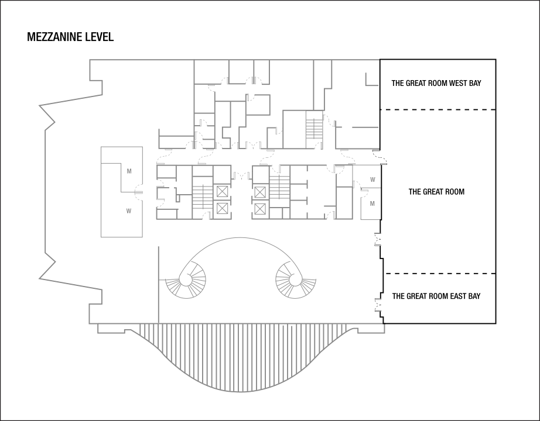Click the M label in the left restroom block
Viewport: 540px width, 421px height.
(129, 171)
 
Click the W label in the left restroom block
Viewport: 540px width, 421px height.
(129, 211)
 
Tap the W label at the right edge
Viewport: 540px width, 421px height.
(372, 180)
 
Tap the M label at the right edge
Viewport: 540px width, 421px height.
(372, 203)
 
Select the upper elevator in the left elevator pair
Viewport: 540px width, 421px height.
(223, 191)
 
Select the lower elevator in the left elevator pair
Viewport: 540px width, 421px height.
(223, 208)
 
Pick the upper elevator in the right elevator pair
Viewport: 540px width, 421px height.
(259, 191)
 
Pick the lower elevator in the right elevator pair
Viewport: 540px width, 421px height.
(259, 208)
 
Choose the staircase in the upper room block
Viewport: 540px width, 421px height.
(314, 129)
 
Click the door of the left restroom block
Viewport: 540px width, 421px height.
(138, 191)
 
